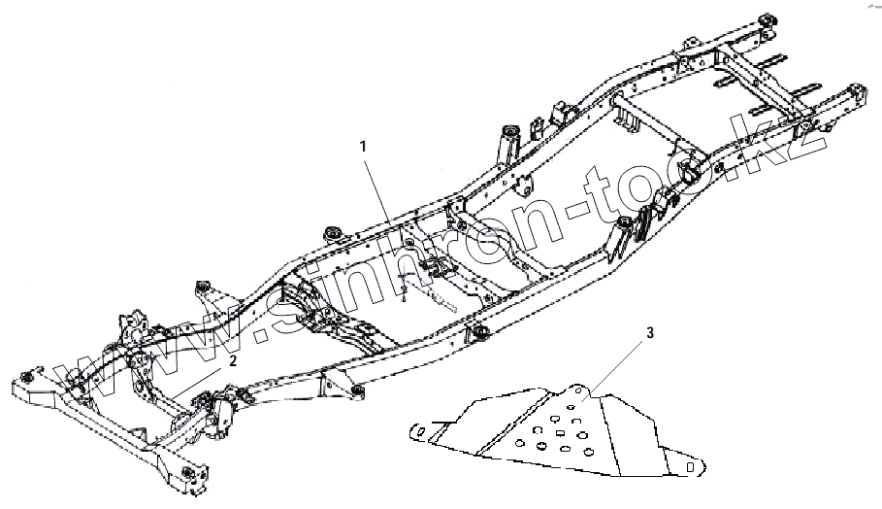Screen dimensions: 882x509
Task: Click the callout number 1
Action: (x=363, y=146)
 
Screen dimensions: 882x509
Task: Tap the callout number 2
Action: (x=233, y=359)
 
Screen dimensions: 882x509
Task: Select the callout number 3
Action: (x=650, y=332)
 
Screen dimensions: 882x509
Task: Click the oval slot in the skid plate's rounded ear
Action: (x=419, y=431)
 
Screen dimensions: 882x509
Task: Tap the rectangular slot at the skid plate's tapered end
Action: (x=690, y=467)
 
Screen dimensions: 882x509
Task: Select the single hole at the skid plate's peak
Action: (x=573, y=392)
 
